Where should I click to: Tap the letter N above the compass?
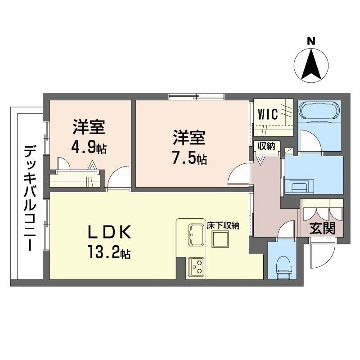310,41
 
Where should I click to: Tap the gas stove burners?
197,266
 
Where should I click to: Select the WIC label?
268,114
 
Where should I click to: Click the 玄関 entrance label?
322,229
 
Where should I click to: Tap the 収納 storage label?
266,146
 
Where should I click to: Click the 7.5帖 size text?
189,158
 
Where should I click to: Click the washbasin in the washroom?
297,186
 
